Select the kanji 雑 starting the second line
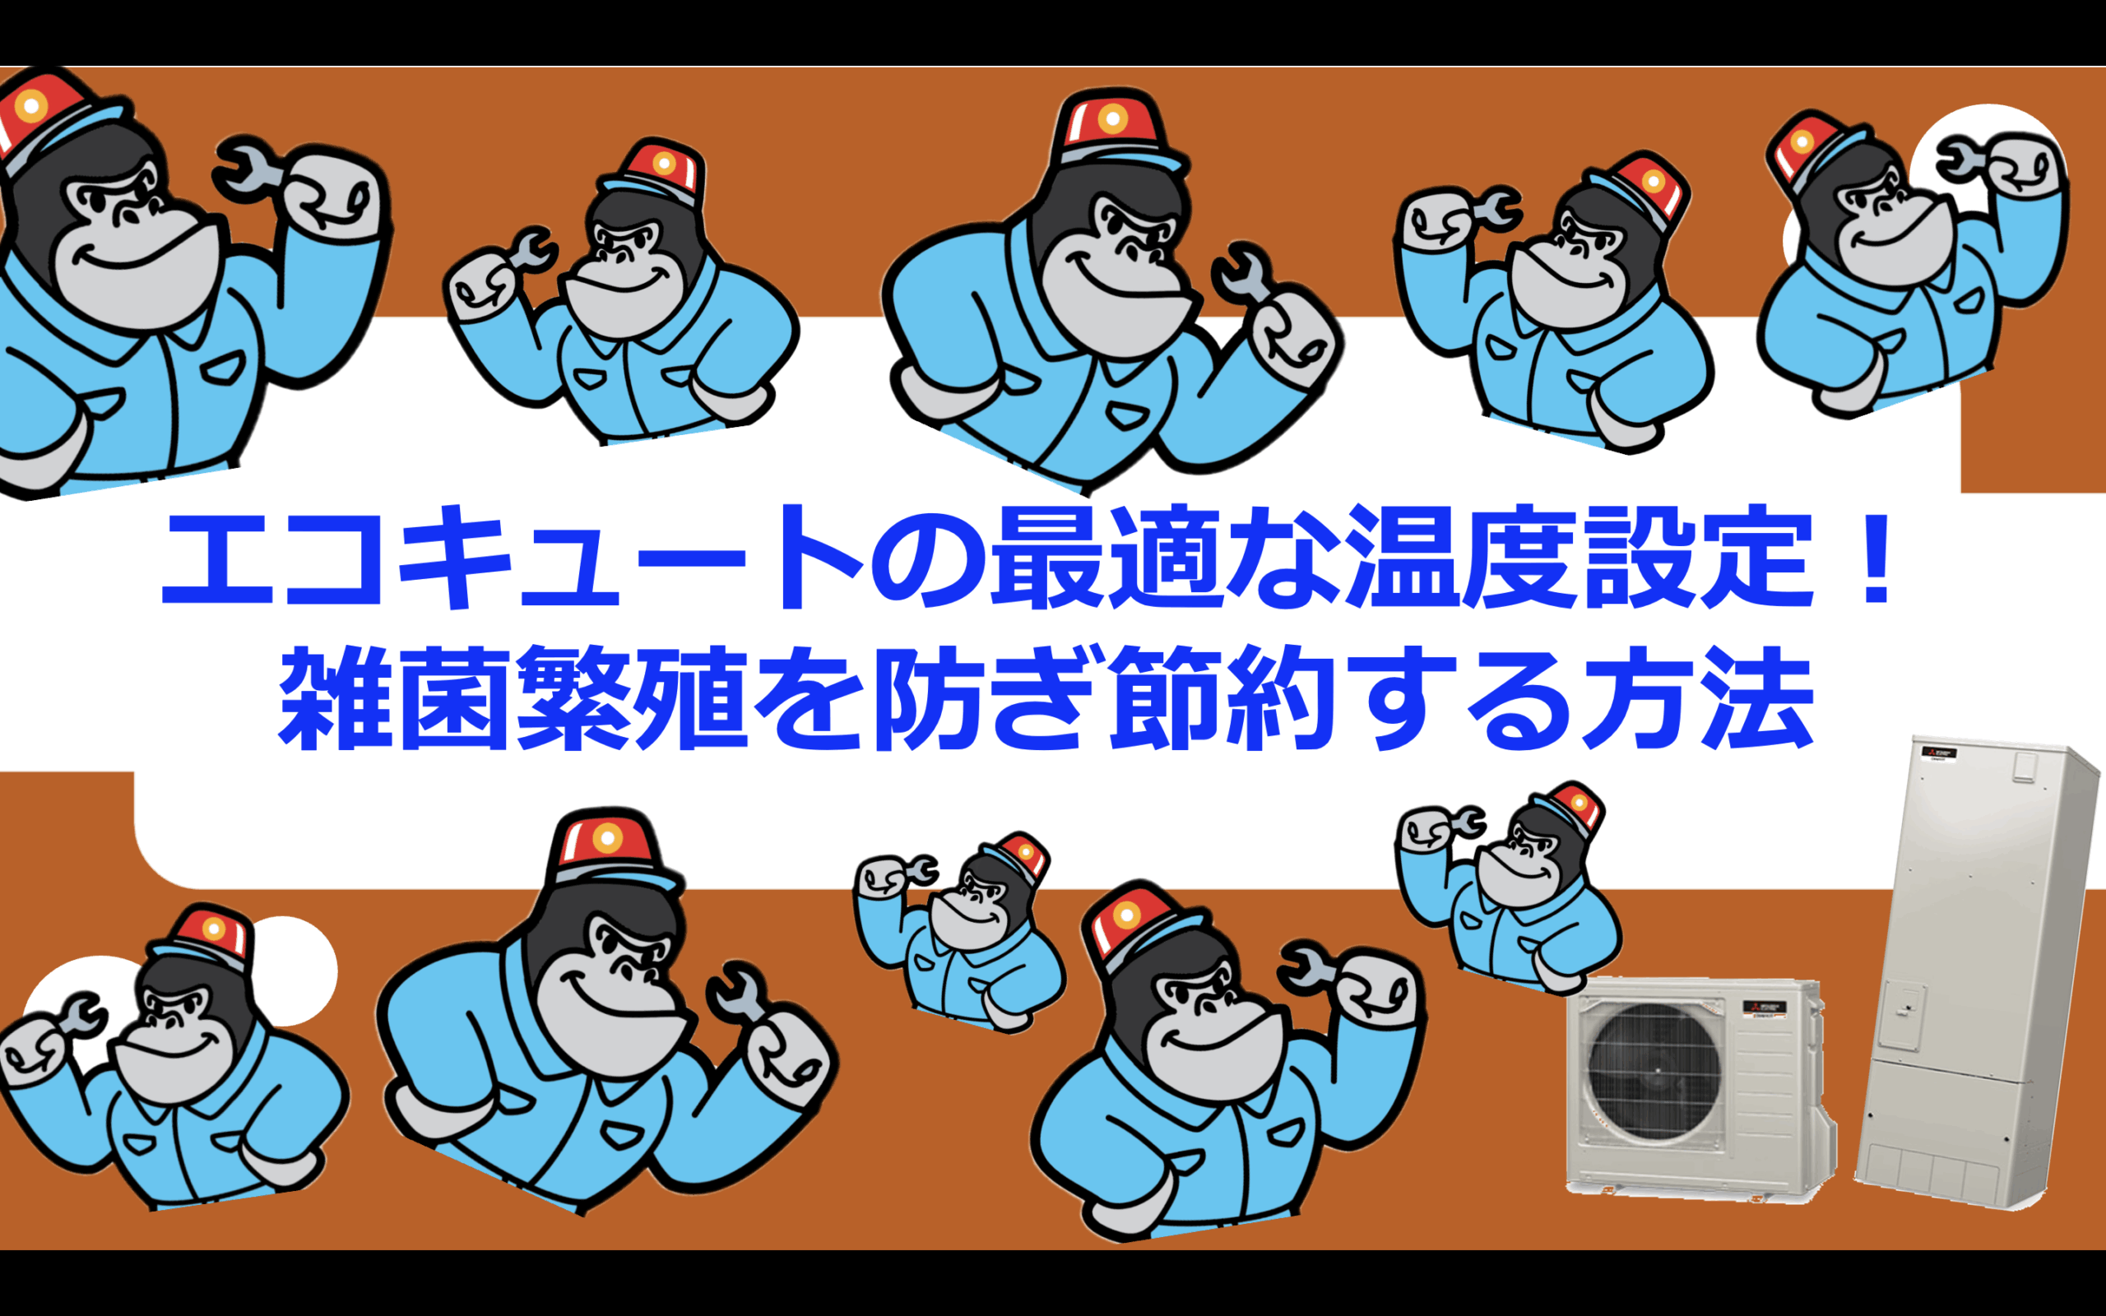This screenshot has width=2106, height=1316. coord(336,698)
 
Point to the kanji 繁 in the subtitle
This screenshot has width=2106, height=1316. coord(573,698)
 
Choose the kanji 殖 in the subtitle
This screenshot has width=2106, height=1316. coord(692,698)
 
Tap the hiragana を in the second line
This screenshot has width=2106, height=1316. coord(809,700)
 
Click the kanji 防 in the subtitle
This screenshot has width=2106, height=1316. coord(929,698)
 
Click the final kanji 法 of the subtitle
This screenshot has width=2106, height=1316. coord(1758,698)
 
